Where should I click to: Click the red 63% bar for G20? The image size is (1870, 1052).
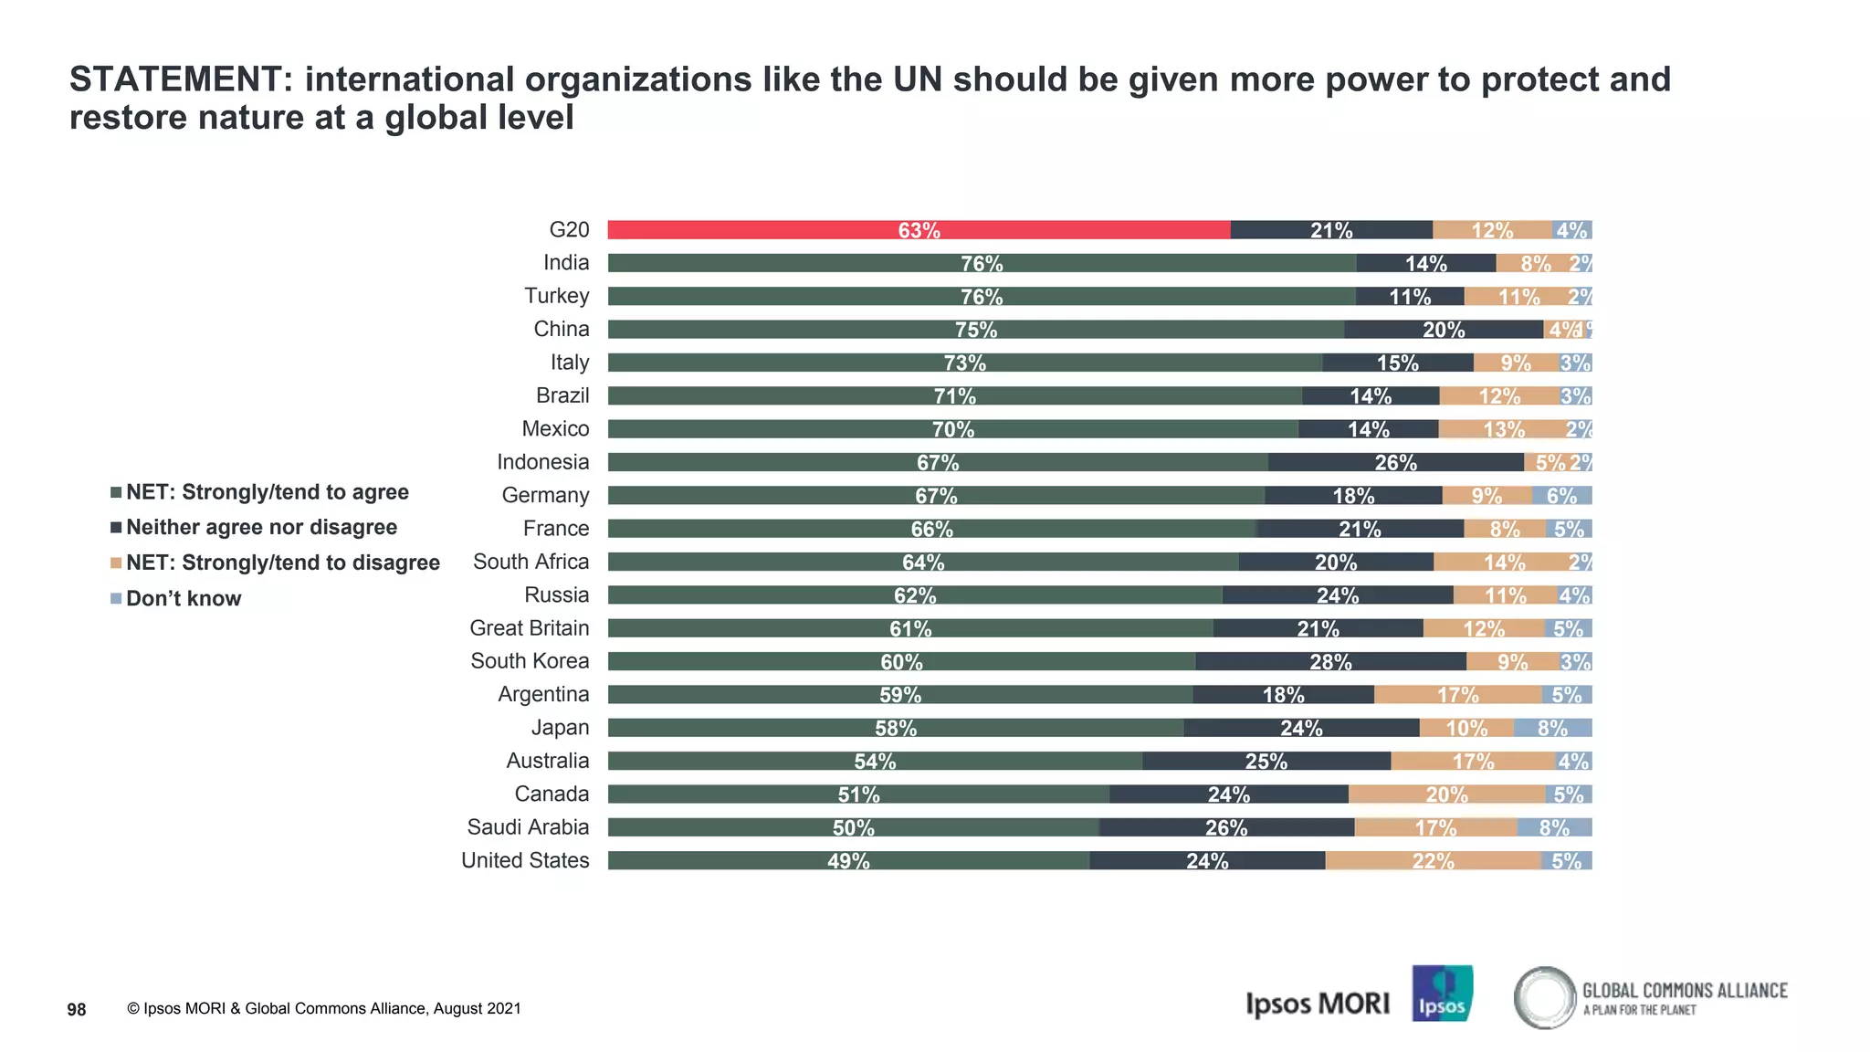(x=919, y=230)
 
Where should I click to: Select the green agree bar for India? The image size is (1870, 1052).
(x=982, y=263)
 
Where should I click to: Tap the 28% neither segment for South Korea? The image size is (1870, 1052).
(x=1330, y=661)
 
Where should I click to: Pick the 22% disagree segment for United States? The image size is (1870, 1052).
(x=1433, y=860)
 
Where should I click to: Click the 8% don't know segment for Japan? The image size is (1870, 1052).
(x=1552, y=728)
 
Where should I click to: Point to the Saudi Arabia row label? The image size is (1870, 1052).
(x=528, y=827)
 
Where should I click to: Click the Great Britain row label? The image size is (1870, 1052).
(x=529, y=628)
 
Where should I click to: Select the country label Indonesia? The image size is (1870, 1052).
(x=542, y=462)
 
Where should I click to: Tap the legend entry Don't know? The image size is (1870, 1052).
(x=183, y=599)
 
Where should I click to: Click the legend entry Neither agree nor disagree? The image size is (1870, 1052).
(x=261, y=528)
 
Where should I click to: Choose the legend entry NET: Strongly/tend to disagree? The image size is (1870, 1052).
(x=282, y=563)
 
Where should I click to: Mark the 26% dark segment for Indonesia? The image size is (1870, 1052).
(x=1395, y=462)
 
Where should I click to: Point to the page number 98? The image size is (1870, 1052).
(x=77, y=1009)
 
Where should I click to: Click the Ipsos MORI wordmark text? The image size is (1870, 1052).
(x=1317, y=1004)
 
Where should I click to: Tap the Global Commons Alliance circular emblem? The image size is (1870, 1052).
(x=1544, y=997)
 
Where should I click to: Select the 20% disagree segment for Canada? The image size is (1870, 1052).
(x=1446, y=794)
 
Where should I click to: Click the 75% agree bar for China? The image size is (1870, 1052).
(x=975, y=330)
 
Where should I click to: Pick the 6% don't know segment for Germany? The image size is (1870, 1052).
(x=1561, y=496)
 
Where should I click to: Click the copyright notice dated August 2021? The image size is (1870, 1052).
(x=324, y=1009)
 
